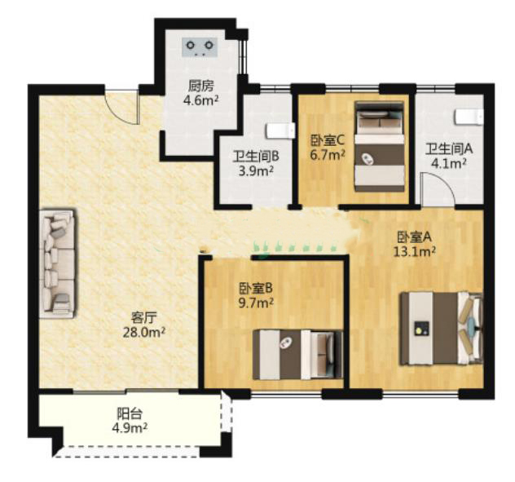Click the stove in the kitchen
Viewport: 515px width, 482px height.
click(200, 47)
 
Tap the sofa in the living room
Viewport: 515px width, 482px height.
click(57, 263)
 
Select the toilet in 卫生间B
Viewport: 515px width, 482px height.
click(280, 130)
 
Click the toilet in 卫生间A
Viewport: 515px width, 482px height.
click(469, 117)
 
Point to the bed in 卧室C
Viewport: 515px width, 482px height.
click(380, 146)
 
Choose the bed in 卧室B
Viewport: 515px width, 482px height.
click(297, 355)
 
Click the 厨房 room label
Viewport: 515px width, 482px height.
click(200, 86)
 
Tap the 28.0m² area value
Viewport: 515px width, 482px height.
click(143, 333)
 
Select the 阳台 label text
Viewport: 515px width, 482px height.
click(130, 414)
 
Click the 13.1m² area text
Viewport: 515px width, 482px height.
click(415, 251)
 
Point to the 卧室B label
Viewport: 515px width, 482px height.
click(256, 289)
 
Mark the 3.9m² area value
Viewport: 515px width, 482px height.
click(256, 170)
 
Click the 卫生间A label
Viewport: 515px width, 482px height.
click(449, 149)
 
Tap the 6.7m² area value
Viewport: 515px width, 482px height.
click(328, 154)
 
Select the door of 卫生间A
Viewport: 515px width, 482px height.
click(437, 190)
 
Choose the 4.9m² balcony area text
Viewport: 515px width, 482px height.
click(130, 428)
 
